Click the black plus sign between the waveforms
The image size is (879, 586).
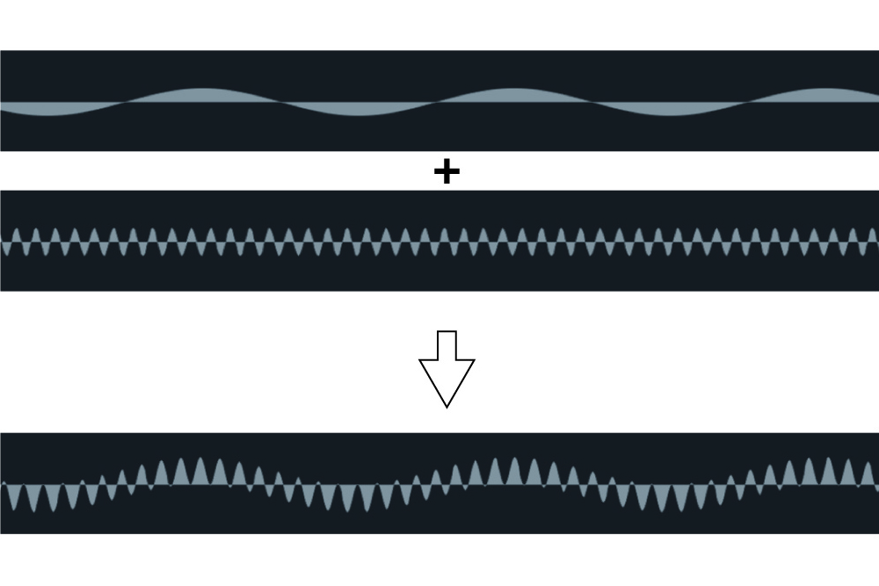point(447,172)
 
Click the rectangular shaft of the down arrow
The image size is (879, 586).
point(447,344)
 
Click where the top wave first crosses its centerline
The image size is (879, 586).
point(126,102)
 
